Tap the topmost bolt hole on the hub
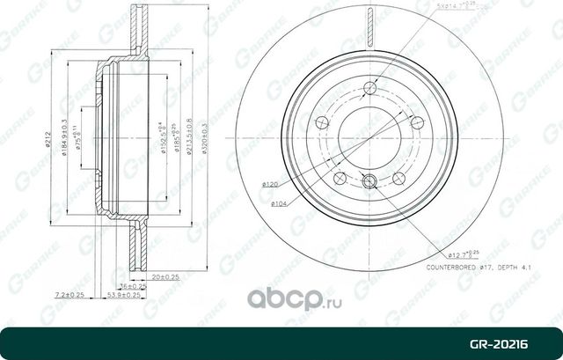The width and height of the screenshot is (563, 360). pos(369,86)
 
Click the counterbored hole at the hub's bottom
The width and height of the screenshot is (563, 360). pos(369,182)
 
